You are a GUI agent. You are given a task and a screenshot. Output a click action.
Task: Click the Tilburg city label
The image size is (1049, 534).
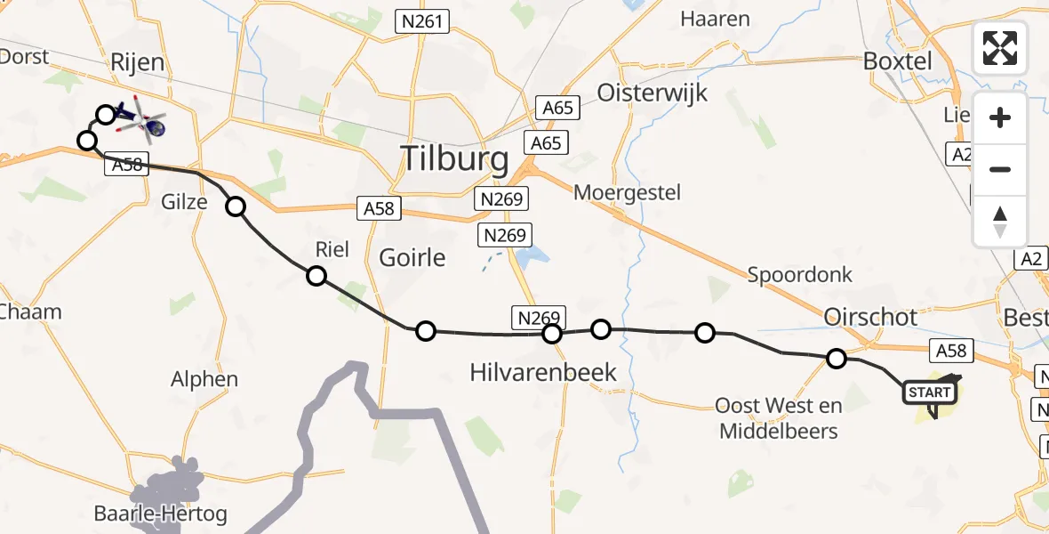click(x=456, y=160)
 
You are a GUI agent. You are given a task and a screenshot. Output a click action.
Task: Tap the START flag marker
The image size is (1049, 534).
click(x=930, y=392)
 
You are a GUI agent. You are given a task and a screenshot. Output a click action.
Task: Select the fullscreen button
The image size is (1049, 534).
click(x=1000, y=48)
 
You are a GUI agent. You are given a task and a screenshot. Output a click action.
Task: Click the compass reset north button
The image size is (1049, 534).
click(x=1000, y=222)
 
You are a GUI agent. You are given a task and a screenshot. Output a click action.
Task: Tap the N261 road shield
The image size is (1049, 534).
click(x=423, y=20)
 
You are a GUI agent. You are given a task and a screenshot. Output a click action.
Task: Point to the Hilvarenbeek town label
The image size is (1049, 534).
click(x=542, y=372)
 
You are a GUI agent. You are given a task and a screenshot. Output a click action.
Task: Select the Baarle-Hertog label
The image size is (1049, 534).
click(x=160, y=514)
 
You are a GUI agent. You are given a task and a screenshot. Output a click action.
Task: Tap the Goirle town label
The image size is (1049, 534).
click(x=412, y=258)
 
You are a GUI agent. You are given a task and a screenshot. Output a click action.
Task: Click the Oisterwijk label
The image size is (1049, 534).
click(x=653, y=92)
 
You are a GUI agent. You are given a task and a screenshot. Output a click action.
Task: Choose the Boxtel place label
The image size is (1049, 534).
click(x=898, y=61)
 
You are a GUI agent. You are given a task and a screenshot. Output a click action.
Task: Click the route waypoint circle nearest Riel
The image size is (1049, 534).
click(x=316, y=276)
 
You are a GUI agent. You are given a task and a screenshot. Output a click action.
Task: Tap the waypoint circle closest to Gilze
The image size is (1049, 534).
click(x=236, y=207)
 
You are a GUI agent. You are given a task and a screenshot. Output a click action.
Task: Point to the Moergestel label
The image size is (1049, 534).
click(x=627, y=192)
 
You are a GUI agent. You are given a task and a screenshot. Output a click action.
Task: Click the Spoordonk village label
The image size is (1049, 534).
click(x=799, y=275)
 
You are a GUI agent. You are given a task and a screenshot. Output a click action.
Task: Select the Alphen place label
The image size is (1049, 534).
click(x=204, y=379)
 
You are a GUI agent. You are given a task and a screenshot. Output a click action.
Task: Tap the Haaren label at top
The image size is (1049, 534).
click(x=715, y=19)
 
